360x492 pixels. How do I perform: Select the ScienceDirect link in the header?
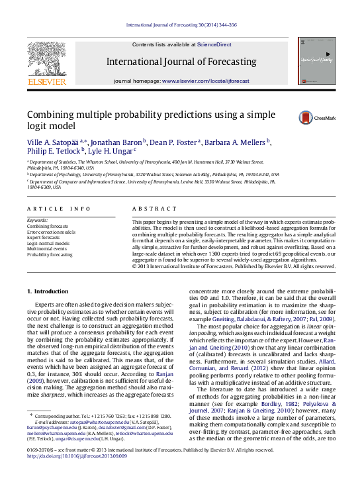[x=214, y=44]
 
